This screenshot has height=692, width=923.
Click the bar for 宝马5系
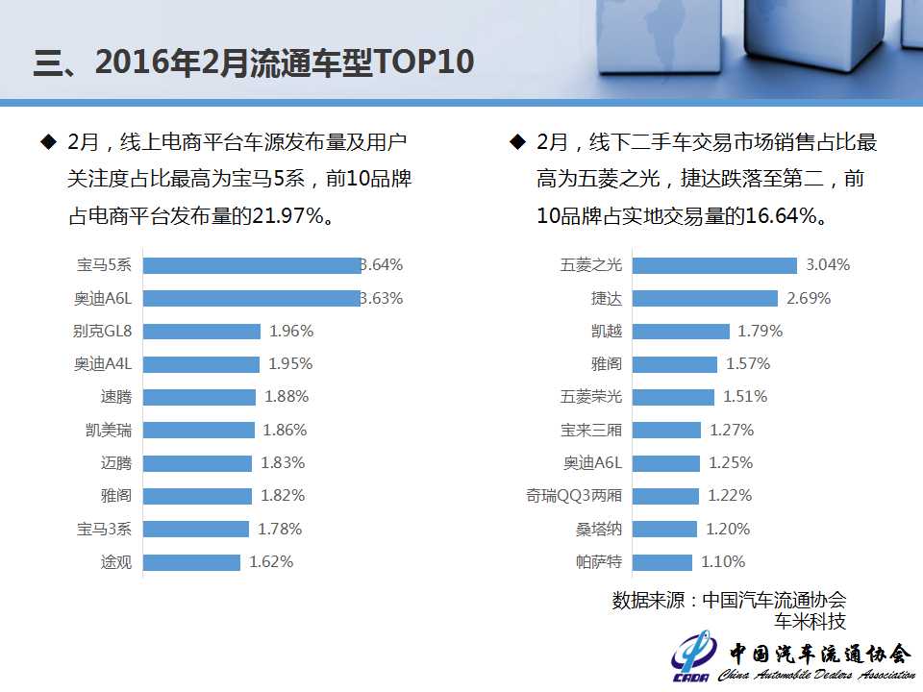pyautogui.click(x=252, y=265)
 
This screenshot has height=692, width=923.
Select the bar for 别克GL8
pyautogui.click(x=202, y=331)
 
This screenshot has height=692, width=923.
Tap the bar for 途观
pyautogui.click(x=191, y=562)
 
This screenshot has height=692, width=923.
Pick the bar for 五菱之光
pyautogui.click(x=714, y=265)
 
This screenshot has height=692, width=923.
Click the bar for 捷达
pyautogui.click(x=705, y=298)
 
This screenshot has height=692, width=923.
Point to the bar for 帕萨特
pyautogui.click(x=661, y=562)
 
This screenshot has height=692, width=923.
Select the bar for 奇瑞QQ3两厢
pyautogui.click(x=665, y=496)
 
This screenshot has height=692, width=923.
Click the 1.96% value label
pyautogui.click(x=291, y=331)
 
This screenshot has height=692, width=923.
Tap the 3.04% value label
pyautogui.click(x=828, y=265)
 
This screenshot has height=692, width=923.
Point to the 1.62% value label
pyautogui.click(x=271, y=562)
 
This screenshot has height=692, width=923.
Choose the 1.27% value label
pyautogui.click(x=732, y=430)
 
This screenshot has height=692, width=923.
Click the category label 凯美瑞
pyautogui.click(x=109, y=430)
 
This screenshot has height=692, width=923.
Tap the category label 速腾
pyautogui.click(x=115, y=397)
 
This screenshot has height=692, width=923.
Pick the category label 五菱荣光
pyautogui.click(x=591, y=397)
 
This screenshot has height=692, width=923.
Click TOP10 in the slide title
pyautogui.click(x=420, y=62)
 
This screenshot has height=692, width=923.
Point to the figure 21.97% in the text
pyautogui.click(x=287, y=215)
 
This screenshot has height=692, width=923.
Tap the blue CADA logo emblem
pyautogui.click(x=693, y=657)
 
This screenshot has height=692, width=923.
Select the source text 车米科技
pyautogui.click(x=811, y=621)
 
